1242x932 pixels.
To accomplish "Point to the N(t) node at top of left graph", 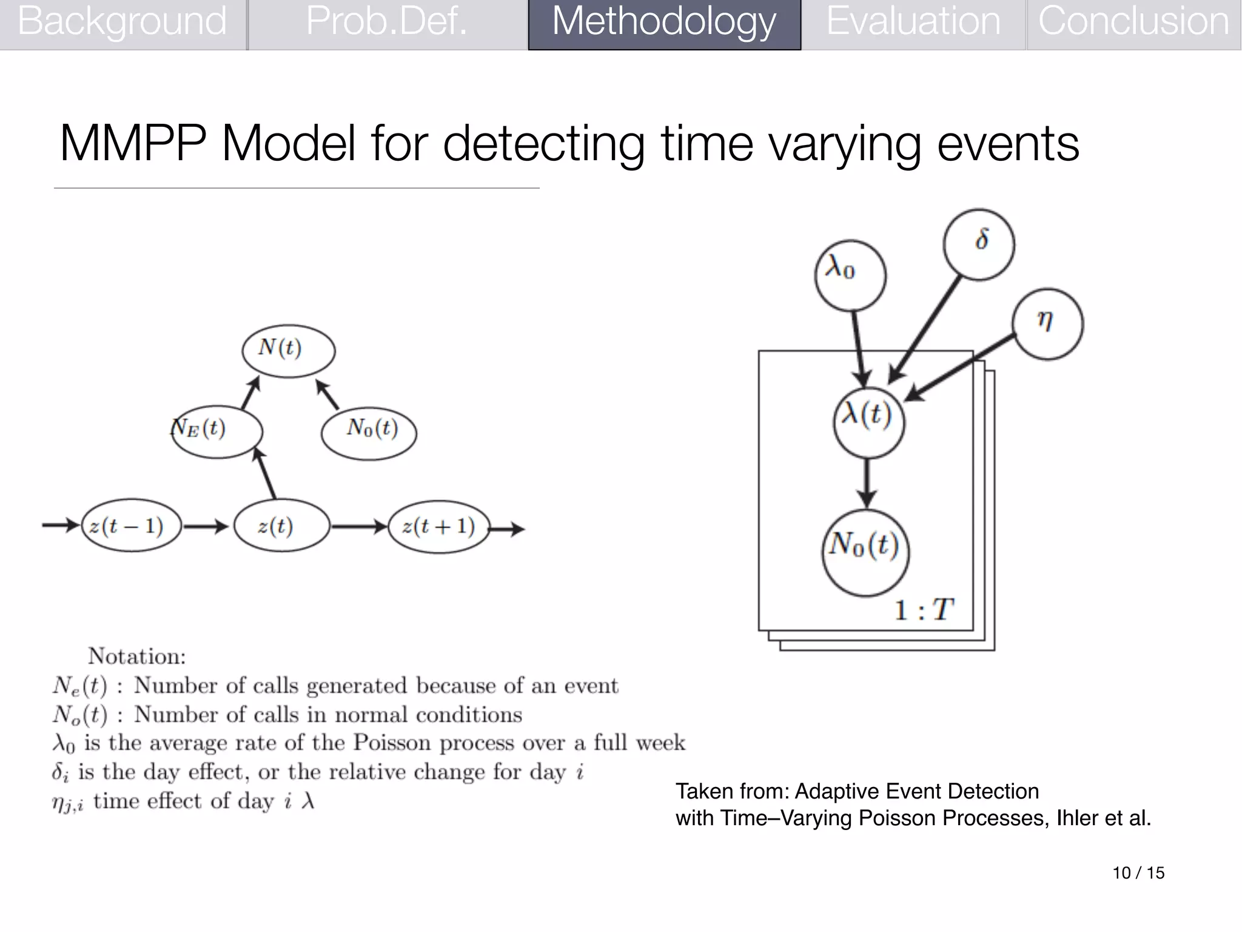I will point(288,351).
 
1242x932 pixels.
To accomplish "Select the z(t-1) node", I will point(131,526).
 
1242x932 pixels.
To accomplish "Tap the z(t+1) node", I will point(438,527).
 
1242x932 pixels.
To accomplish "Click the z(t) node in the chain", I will point(281,526).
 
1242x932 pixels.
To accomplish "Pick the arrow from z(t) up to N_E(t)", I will point(265,473).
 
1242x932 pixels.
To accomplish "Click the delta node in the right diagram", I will point(979,243).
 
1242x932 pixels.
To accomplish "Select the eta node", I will point(1047,324).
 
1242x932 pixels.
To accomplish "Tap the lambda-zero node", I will point(850,275).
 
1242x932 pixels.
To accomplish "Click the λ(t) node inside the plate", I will point(868,422).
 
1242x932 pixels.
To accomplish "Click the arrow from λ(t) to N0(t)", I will point(867,482).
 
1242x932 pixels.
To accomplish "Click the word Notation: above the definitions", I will point(137,656).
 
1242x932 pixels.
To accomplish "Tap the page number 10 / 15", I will point(1138,873).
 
